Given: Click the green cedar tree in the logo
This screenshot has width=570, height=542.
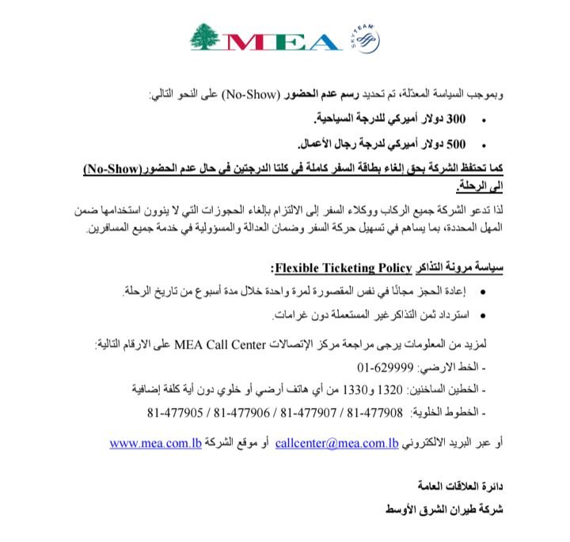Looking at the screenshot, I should pos(208,36).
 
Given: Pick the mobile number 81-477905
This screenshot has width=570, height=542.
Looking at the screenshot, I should pos(175,411).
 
